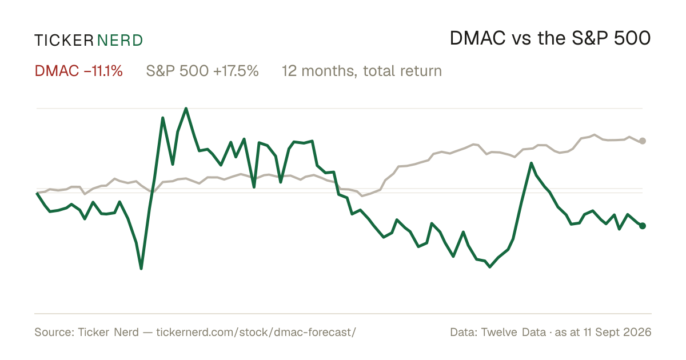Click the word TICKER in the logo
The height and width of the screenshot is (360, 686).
point(63,41)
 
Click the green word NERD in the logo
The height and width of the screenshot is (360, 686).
point(119,41)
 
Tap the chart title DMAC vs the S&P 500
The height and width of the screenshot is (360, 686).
point(550,38)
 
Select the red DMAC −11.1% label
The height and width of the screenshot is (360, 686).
point(78,71)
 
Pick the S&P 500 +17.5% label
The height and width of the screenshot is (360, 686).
point(202,71)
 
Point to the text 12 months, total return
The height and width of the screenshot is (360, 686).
point(362,71)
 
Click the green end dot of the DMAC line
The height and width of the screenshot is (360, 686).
point(643,226)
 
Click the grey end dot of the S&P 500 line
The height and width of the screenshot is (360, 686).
point(643,141)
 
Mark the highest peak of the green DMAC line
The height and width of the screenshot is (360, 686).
point(186,109)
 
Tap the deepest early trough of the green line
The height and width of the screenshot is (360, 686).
point(141,269)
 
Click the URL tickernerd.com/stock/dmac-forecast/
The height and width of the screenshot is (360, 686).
point(256,332)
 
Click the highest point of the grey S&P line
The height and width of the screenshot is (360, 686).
point(595,135)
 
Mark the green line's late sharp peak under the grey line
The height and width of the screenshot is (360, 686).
point(531,163)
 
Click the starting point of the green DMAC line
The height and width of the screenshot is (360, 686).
point(37,193)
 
